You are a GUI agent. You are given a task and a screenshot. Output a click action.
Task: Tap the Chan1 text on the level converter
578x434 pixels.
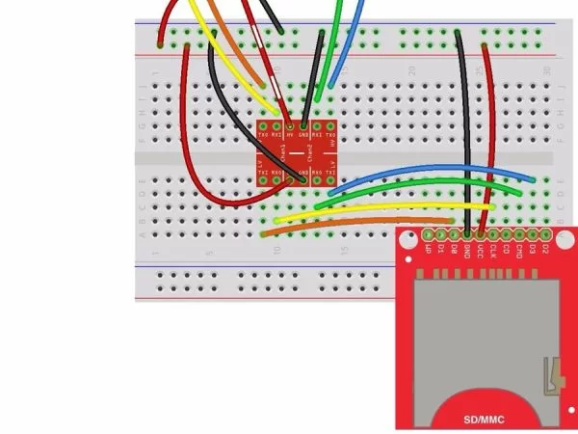pos(284,153)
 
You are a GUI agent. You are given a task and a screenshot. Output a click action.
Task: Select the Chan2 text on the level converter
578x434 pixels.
pos(310,153)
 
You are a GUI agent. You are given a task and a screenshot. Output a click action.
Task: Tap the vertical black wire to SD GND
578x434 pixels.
pos(466,135)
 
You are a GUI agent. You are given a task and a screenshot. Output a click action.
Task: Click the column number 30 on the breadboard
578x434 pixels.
pos(546,70)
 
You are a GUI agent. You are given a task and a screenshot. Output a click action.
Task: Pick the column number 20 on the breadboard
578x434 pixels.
pos(412,70)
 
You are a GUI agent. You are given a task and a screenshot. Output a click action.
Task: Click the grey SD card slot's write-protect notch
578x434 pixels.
pos(552,376)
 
